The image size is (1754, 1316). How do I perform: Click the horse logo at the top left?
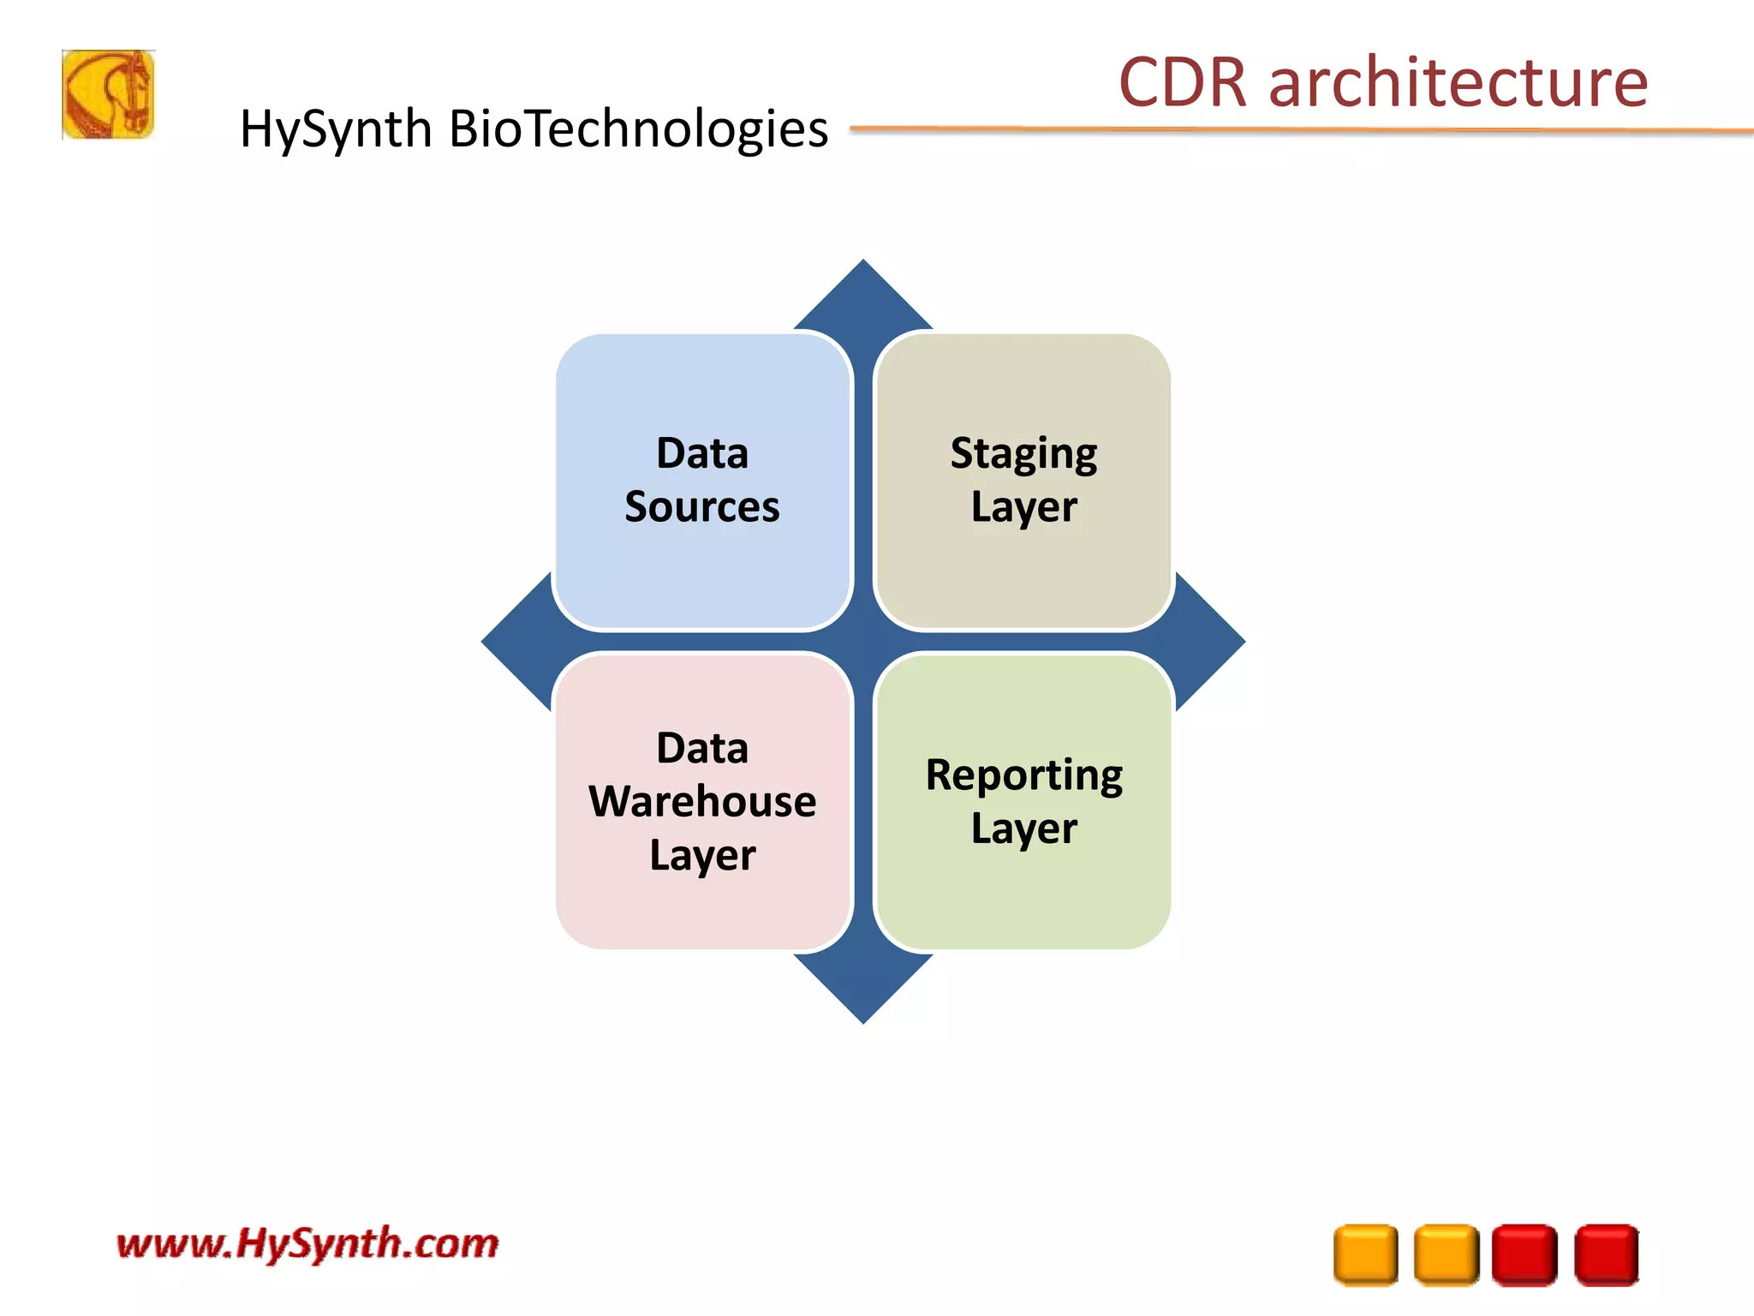pos(108,94)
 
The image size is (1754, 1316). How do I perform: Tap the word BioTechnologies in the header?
pos(638,129)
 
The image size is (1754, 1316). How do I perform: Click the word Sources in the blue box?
pos(702,506)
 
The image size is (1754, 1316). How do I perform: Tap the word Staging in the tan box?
pos(1023,454)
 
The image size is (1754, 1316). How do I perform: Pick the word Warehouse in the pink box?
pos(702,802)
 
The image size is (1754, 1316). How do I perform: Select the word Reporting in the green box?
pos(1024,775)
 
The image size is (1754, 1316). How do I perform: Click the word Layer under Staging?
pos(1024,507)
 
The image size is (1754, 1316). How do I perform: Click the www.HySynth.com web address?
pos(307,1243)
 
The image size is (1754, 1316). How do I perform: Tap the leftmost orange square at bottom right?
pos(1365,1254)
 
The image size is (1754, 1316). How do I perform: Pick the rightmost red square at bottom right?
pos(1607,1254)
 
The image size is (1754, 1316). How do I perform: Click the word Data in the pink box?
pos(702,749)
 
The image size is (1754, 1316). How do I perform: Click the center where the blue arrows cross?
pos(863,641)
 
